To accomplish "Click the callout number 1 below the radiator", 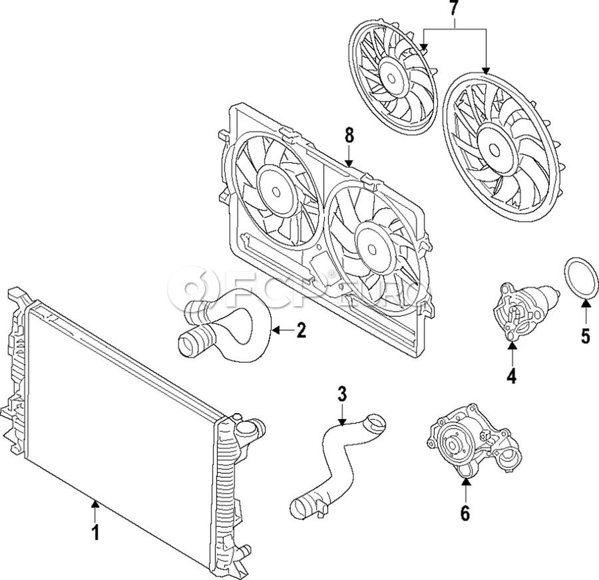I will [x=95, y=532].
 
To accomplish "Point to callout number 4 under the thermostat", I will [x=511, y=376].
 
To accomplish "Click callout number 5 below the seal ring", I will [x=585, y=336].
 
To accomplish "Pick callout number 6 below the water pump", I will [x=465, y=513].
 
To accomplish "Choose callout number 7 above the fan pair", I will [x=454, y=10].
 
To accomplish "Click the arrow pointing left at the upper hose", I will [x=282, y=330].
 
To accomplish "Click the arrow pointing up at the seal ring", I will [x=585, y=313].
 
